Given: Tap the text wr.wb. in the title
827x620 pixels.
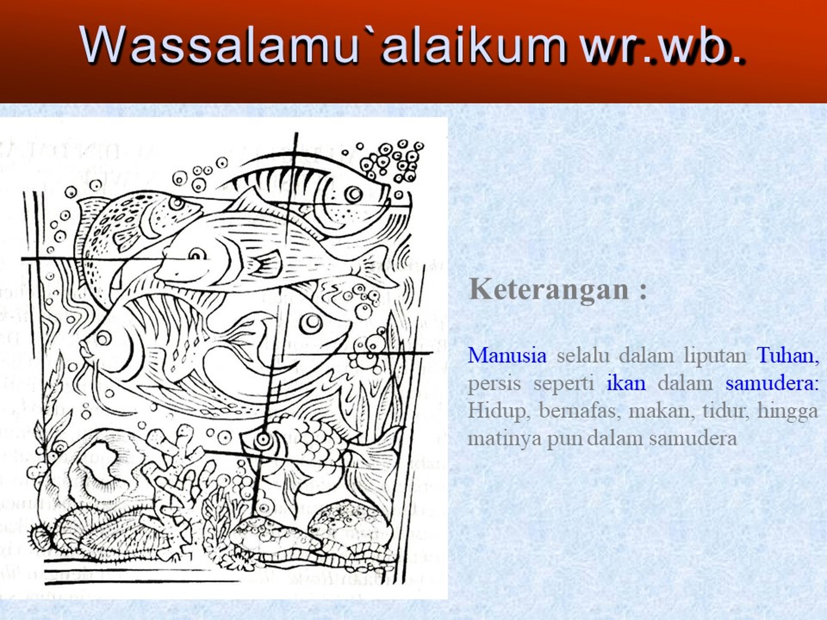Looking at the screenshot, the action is [x=662, y=45].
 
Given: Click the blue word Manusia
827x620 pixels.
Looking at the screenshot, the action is [x=507, y=356].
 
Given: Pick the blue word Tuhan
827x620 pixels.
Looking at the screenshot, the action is [x=788, y=356].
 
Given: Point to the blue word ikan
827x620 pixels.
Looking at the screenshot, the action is [x=626, y=383].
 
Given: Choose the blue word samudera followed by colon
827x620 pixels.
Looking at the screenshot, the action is [x=772, y=383].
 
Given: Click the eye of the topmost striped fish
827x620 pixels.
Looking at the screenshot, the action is [x=354, y=194].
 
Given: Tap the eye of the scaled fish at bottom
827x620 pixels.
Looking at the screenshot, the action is [x=262, y=440].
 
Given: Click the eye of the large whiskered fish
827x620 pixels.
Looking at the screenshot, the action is [x=103, y=337].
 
